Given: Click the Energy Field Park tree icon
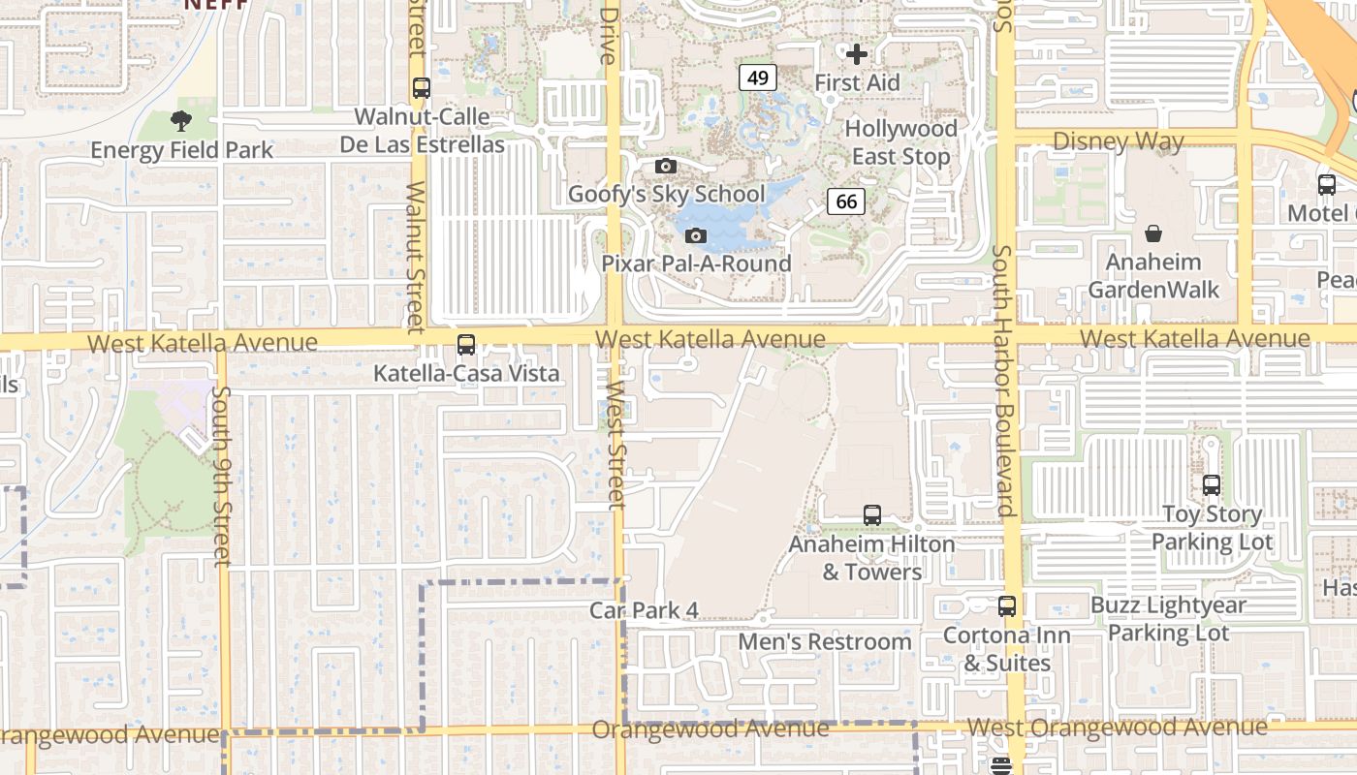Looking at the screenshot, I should [180, 121].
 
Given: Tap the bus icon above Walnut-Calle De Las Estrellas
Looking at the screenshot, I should [421, 88].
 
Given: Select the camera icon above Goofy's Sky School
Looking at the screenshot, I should [665, 167].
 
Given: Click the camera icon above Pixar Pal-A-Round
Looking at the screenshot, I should [695, 235].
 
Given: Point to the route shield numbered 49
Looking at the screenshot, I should [757, 77].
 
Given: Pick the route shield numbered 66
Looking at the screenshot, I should [845, 201].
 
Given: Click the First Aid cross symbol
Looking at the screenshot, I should [857, 54].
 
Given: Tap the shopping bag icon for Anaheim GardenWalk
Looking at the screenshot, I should [1153, 233].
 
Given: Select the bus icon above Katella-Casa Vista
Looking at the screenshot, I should [466, 345].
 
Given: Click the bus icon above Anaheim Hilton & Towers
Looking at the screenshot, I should [872, 515].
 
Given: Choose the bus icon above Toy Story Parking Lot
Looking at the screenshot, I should [1211, 485].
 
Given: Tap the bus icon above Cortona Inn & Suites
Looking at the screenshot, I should [1007, 607].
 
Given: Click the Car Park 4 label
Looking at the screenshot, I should [644, 610].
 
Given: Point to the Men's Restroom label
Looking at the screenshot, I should [825, 641].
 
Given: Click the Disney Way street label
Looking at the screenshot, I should [1118, 141].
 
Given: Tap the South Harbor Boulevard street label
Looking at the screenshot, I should [1002, 380].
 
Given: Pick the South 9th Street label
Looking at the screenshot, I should [222, 476].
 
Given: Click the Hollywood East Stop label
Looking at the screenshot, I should [900, 142].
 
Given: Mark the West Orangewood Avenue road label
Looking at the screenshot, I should [1117, 727].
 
